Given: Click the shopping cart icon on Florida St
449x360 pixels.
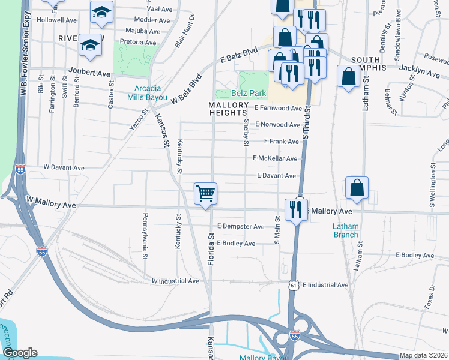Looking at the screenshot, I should tap(205, 194).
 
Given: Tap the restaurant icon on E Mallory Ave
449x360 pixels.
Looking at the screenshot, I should tap(296, 209).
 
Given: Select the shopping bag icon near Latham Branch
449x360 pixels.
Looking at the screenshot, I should tap(357, 188).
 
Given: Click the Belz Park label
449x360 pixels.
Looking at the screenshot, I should tap(248, 94).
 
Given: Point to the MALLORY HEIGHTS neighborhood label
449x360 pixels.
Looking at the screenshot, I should tap(228, 109).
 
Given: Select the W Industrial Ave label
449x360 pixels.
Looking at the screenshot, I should tap(175, 281).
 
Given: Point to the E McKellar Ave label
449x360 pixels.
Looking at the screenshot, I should tap(275, 158).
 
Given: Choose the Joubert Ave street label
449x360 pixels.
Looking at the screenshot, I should tap(90, 74).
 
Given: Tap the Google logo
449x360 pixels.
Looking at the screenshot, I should tap(20, 353).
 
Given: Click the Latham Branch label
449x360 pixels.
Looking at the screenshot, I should tap(346, 230).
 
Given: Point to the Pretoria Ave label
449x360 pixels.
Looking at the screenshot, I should tap(138, 43).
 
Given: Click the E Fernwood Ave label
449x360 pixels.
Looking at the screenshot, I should tap(277, 109).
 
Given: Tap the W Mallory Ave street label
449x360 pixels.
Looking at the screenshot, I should tap(50, 205).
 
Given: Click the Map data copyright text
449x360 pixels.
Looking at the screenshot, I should tap(424, 355).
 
